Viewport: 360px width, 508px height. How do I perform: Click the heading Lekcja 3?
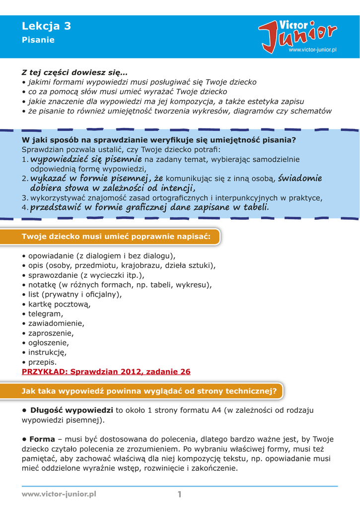tap(46, 26)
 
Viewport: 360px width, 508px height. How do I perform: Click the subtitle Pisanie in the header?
tap(38, 40)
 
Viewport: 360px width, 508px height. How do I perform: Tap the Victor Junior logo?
tap(297, 34)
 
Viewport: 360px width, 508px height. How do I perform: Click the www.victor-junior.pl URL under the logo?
tap(312, 51)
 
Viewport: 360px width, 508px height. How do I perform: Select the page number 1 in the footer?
tap(180, 494)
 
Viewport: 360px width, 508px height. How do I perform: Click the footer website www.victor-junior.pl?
tap(59, 494)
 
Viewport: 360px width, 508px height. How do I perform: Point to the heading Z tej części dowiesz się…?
tap(74, 72)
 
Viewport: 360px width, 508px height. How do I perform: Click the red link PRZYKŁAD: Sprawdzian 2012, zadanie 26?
tap(106, 372)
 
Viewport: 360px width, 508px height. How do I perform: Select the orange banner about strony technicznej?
tap(149, 391)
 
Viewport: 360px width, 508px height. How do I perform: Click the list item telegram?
tap(45, 314)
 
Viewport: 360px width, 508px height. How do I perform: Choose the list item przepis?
tap(42, 362)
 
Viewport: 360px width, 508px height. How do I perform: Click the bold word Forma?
tap(42, 440)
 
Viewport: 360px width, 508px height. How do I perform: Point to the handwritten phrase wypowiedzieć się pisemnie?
tap(86, 159)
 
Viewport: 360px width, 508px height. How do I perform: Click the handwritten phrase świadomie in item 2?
tap(300, 178)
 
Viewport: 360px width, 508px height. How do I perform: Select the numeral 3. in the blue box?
tap(25, 198)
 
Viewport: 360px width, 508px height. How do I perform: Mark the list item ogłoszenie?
tap(48, 343)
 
